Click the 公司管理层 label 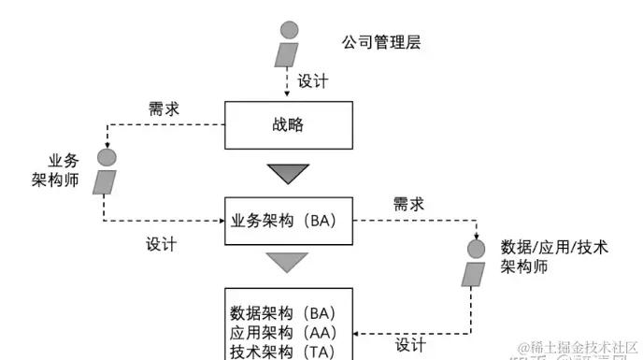click(x=382, y=42)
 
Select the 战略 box click(x=289, y=124)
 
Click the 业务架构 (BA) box click(x=289, y=221)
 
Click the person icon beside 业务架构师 click(x=107, y=171)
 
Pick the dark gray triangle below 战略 click(x=288, y=173)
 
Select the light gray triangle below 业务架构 click(x=288, y=262)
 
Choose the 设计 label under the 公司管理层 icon click(x=313, y=81)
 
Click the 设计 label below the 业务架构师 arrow click(x=162, y=244)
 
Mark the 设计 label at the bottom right click(x=410, y=345)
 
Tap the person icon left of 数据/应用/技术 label click(x=476, y=262)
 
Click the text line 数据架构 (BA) click(x=282, y=312)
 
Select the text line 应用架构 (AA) click(x=282, y=332)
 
